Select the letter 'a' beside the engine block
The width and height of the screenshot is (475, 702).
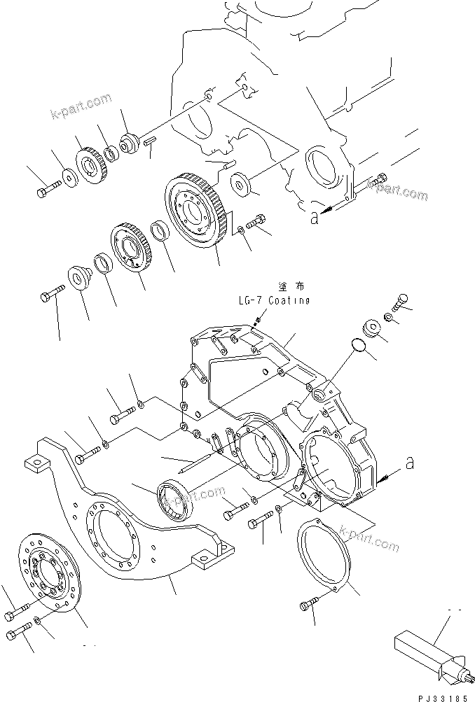[315, 218]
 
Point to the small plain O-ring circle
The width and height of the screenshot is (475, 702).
[358, 344]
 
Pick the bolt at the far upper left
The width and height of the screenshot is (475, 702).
[46, 188]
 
